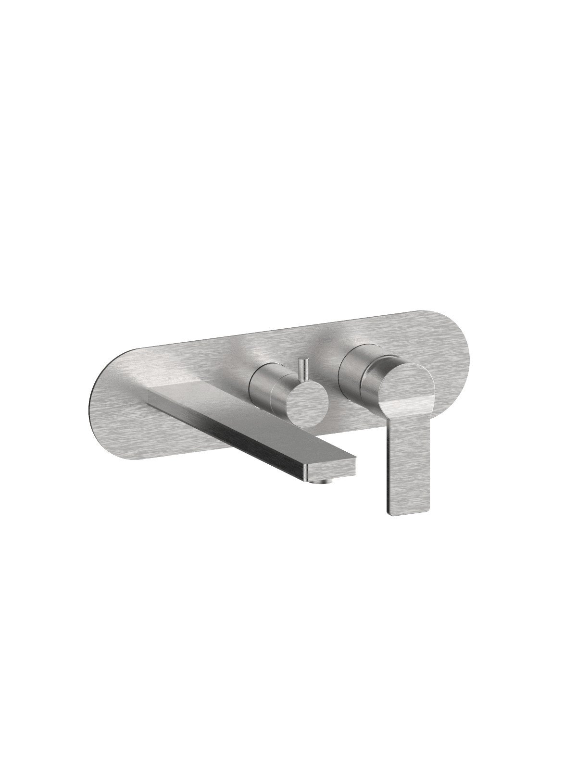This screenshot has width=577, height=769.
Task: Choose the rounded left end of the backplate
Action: (103, 409)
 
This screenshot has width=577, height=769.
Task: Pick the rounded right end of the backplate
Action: (454, 346)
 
